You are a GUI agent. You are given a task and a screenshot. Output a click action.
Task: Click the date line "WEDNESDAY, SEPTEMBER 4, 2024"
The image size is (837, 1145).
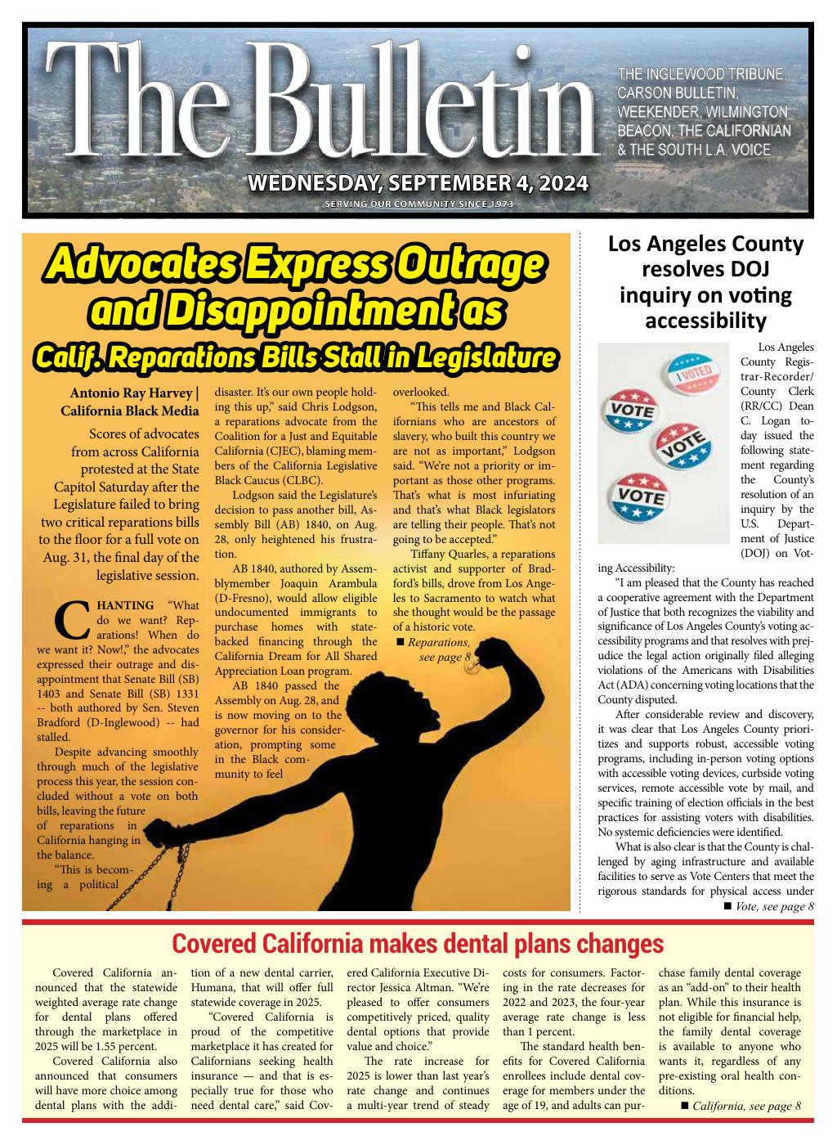tap(418, 182)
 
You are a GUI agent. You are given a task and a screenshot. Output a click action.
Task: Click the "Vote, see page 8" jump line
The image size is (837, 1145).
tap(768, 906)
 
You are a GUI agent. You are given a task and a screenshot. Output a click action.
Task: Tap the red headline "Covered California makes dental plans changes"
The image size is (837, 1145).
tap(418, 944)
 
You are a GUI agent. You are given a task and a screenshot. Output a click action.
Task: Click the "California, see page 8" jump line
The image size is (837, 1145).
tap(741, 1107)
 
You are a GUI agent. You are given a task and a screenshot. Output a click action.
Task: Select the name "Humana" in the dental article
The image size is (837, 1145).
tap(217, 988)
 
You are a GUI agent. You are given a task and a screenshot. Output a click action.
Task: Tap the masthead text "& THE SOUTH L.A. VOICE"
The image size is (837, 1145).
tap(694, 150)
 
